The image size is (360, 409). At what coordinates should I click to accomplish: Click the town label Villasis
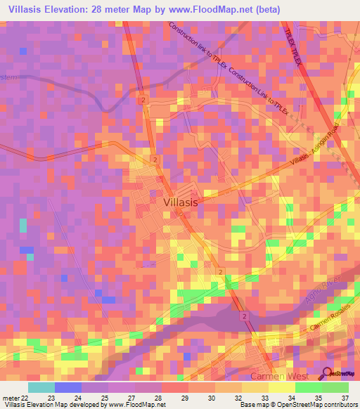point(181,201)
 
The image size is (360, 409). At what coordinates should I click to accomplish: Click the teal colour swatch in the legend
point(41,387)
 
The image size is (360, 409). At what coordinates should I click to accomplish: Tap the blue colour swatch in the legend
point(67,387)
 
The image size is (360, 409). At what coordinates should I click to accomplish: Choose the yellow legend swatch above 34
point(281,387)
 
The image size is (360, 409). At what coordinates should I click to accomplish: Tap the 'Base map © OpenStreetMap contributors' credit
point(297,405)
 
